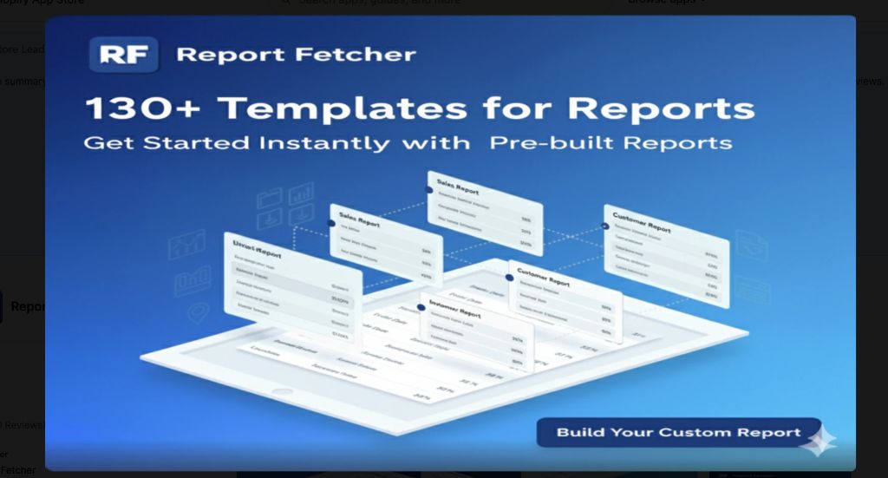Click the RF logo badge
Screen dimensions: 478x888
[123, 54]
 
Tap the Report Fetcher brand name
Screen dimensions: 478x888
[296, 55]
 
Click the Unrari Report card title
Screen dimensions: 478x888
[259, 251]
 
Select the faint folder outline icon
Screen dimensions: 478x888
[271, 200]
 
